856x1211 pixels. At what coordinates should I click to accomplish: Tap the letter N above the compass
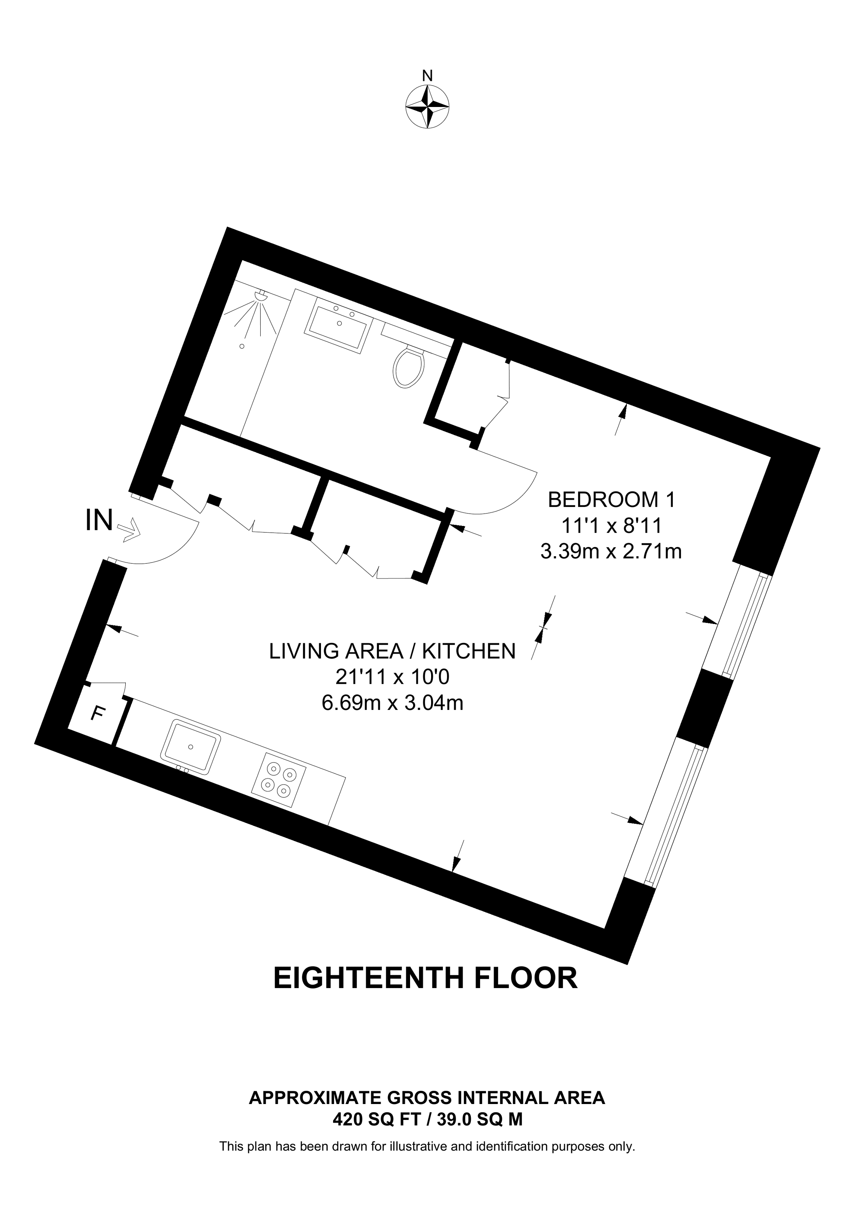(x=428, y=76)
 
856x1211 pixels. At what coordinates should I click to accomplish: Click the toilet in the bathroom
(x=409, y=366)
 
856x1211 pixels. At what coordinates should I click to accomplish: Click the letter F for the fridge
(x=97, y=713)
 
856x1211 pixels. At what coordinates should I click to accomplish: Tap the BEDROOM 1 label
(x=611, y=499)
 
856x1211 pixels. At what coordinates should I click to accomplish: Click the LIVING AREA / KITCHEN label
(x=393, y=651)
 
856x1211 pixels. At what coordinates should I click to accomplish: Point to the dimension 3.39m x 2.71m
(x=611, y=552)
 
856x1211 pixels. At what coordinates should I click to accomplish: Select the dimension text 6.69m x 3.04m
(x=393, y=703)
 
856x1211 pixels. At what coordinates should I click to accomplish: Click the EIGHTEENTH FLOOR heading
(x=426, y=978)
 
